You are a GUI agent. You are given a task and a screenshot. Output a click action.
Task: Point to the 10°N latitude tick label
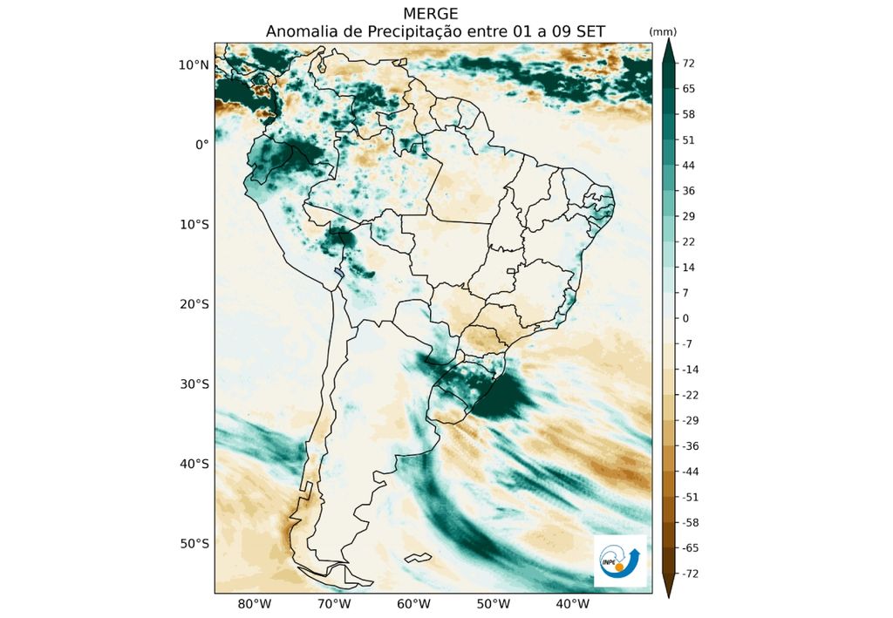(x=194, y=65)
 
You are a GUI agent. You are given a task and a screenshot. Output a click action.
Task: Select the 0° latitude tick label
(x=201, y=145)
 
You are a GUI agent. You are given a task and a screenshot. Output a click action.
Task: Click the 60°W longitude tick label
(x=413, y=604)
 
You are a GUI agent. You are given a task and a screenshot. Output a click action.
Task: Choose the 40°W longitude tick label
(x=572, y=604)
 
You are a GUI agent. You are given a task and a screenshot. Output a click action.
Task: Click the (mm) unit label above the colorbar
(x=663, y=31)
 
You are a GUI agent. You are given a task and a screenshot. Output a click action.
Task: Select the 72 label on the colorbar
(x=688, y=64)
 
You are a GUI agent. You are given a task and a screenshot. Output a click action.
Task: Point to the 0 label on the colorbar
(x=685, y=319)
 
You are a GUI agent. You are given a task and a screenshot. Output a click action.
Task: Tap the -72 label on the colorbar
(x=690, y=574)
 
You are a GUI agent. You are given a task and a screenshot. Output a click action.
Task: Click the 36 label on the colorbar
(x=688, y=191)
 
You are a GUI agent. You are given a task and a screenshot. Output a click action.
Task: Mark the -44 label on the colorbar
(x=690, y=472)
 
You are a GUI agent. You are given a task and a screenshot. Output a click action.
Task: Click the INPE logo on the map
(x=619, y=560)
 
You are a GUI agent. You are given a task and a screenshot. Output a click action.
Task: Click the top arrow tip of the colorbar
(x=668, y=43)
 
